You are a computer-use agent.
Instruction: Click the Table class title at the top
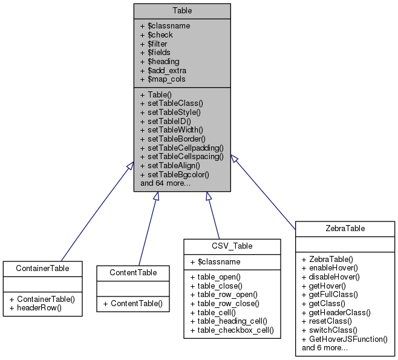(182, 10)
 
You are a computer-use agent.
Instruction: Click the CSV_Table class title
(232, 246)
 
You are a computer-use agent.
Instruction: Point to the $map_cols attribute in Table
(163, 79)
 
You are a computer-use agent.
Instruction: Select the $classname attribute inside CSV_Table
(217, 262)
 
